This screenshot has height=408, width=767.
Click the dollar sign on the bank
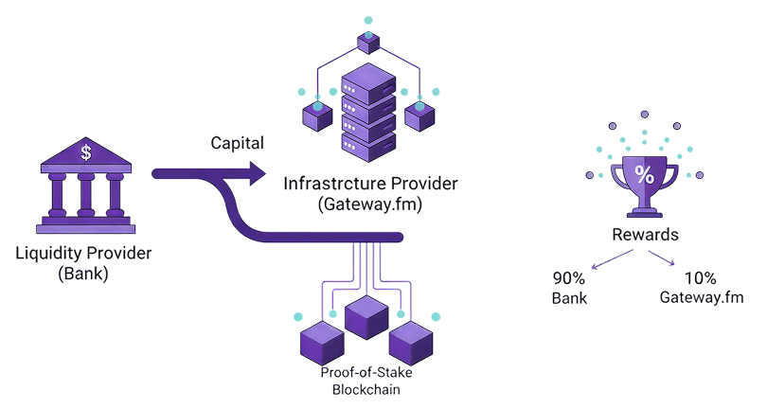(x=86, y=151)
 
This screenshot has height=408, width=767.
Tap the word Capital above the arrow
(x=237, y=144)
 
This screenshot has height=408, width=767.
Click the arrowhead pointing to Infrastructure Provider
(x=258, y=172)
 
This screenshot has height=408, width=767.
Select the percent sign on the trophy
(x=644, y=174)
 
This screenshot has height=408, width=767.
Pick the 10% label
(x=701, y=279)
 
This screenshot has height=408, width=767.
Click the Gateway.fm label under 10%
(x=702, y=298)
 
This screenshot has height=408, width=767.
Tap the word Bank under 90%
(x=570, y=298)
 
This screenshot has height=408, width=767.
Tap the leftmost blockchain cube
(x=320, y=345)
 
